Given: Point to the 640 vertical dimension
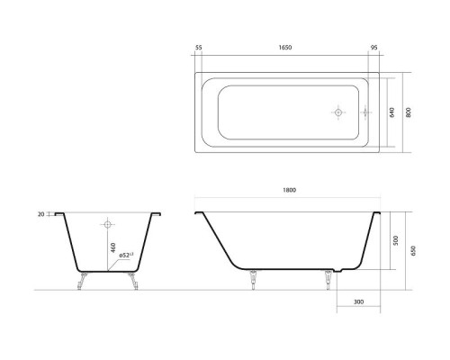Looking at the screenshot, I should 390,113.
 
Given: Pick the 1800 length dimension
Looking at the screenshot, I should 289,190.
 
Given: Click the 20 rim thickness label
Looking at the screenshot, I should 41,214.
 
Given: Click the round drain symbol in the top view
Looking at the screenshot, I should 338,113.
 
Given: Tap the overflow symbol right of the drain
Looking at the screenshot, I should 365,113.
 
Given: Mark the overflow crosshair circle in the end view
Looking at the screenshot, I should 108,222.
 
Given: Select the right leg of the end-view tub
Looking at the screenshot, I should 135,281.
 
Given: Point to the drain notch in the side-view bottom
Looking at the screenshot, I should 338,270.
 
